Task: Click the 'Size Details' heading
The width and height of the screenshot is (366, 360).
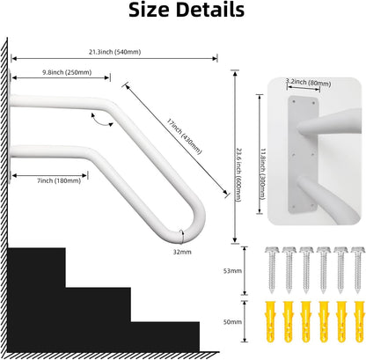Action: coord(187,10)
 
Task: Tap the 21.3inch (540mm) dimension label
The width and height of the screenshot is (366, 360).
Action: coord(115,52)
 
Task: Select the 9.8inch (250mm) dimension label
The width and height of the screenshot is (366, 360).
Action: coord(67,72)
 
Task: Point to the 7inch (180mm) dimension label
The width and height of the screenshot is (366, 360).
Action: coord(59,180)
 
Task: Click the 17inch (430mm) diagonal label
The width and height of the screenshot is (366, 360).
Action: coord(185,136)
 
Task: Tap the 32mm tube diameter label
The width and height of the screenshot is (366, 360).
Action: coord(182,252)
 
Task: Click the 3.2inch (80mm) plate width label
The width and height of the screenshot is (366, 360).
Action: coord(309,83)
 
